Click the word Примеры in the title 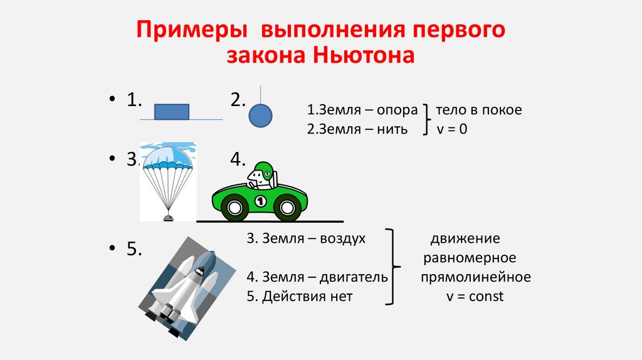[189, 30]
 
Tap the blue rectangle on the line [172, 112]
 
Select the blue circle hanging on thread [260, 115]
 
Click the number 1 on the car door [261, 200]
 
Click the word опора [397, 110]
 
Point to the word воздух [343, 238]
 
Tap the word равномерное [470, 258]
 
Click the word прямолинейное [476, 277]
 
